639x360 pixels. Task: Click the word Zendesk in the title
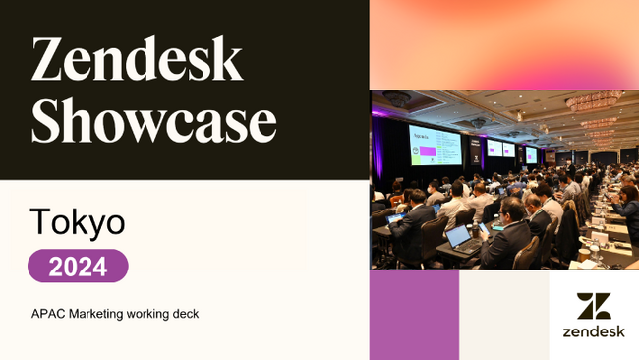coord(137,61)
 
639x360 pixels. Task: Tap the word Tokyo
coord(78,222)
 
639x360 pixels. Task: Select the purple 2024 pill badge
coord(78,266)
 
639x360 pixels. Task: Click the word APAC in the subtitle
coord(47,314)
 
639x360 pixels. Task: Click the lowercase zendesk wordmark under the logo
coord(594,332)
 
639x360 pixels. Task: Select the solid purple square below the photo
coord(414,315)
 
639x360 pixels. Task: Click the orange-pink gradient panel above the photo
coord(503,44)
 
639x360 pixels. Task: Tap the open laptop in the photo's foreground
coord(459,237)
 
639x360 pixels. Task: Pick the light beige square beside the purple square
coord(504,315)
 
